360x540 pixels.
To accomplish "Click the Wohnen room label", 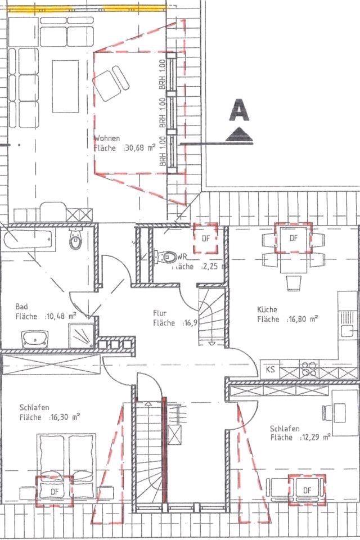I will (x=107, y=138).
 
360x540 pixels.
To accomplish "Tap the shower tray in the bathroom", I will (x=82, y=336).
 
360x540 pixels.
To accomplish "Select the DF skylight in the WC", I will (x=206, y=238).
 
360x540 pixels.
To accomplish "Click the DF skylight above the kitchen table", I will (x=293, y=238).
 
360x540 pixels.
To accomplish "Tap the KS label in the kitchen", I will (x=271, y=370).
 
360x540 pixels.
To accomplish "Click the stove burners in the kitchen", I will (x=309, y=369).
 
